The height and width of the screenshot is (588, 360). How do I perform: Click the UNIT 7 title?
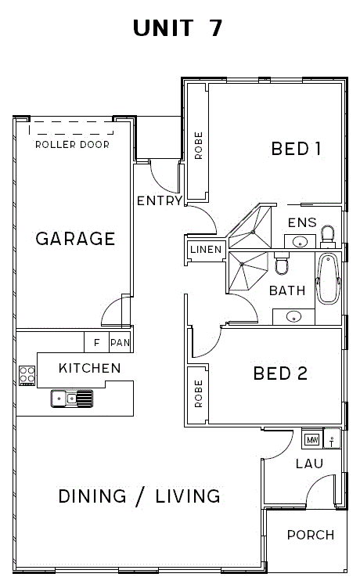coord(178,28)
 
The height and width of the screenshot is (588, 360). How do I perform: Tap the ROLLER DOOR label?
coord(72,144)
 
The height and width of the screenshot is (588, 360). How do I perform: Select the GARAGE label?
coord(75,239)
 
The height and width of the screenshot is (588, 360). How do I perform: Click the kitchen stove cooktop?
coord(27,376)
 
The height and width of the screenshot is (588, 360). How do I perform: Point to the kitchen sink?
coord(72,399)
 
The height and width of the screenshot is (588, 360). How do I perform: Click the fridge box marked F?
coord(96,342)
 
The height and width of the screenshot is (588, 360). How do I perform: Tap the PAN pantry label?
coord(120,342)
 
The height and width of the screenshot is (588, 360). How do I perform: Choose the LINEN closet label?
coord(206,250)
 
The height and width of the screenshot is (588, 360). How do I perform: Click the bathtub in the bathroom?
coord(328,279)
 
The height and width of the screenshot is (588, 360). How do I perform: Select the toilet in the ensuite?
coord(328,236)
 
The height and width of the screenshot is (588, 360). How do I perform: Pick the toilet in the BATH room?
coord(282,262)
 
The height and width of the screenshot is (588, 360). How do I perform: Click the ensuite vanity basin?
coord(300,241)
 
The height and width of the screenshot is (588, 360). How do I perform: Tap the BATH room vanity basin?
coord(293,317)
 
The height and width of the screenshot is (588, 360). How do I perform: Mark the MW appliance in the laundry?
coord(312,439)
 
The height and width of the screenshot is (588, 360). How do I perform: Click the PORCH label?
coord(311,535)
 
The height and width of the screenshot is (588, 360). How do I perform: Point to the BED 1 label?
coord(297,149)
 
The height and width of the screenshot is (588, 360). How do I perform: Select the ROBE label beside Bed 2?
coord(198,394)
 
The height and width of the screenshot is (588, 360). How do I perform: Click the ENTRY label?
coord(160,201)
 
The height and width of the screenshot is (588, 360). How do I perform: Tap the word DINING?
coord(92,496)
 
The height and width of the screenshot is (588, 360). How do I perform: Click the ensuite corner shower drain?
coord(253,232)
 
